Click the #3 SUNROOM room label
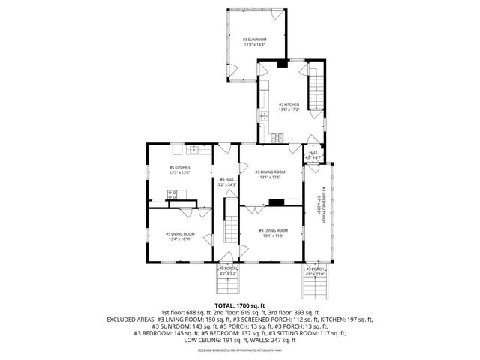click(254, 39)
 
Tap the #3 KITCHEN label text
click(289, 104)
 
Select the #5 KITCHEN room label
click(179, 167)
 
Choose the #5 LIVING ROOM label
click(180, 234)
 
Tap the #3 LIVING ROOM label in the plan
click(272, 230)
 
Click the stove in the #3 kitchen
click(280, 137)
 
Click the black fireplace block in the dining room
click(277, 201)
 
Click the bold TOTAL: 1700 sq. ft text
click(240, 305)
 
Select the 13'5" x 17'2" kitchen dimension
click(289, 110)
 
